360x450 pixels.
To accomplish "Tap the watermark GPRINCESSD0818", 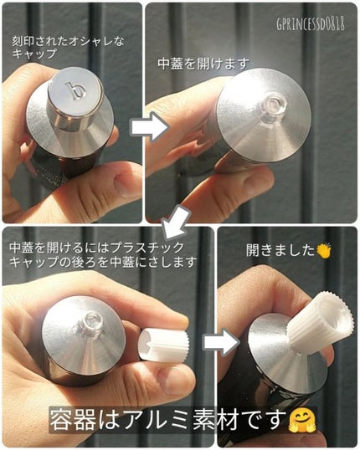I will tap(309, 24).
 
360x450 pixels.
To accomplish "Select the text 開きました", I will tap(280, 249).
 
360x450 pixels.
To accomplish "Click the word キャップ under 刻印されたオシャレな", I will tap(30, 54).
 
